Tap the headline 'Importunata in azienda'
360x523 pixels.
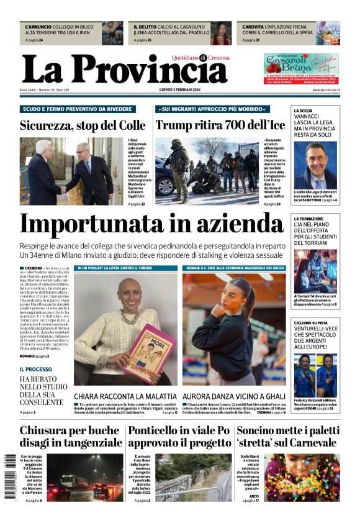coord(151,224)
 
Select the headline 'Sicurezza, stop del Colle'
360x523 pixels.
coord(83,125)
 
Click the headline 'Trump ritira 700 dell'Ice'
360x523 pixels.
coord(220,125)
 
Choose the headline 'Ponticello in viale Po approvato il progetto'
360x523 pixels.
coord(179,437)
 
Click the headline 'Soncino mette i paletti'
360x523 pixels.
coord(287,430)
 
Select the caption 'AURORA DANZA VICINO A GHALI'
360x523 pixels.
coord(234,396)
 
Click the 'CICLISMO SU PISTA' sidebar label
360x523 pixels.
coord(312,323)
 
